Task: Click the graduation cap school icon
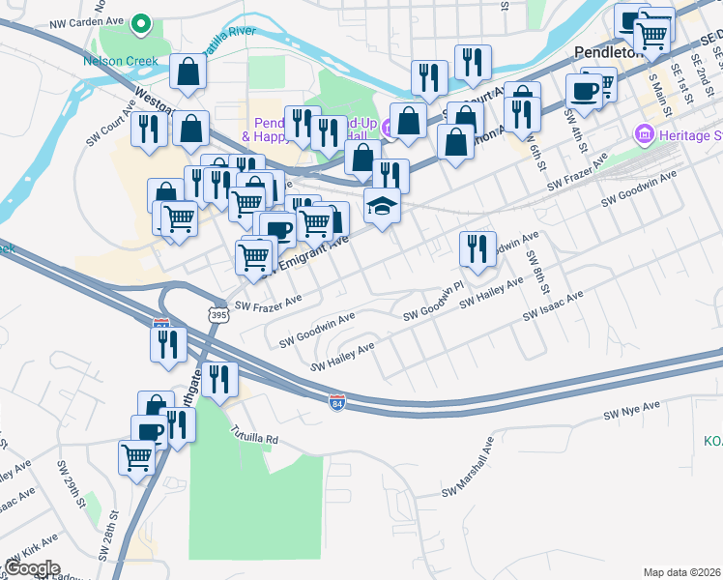[383, 206]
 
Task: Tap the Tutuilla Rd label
[253, 437]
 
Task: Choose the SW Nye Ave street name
[631, 410]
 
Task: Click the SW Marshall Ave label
[468, 468]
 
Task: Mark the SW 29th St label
[72, 494]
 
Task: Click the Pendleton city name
[608, 53]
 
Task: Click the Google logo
[32, 568]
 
